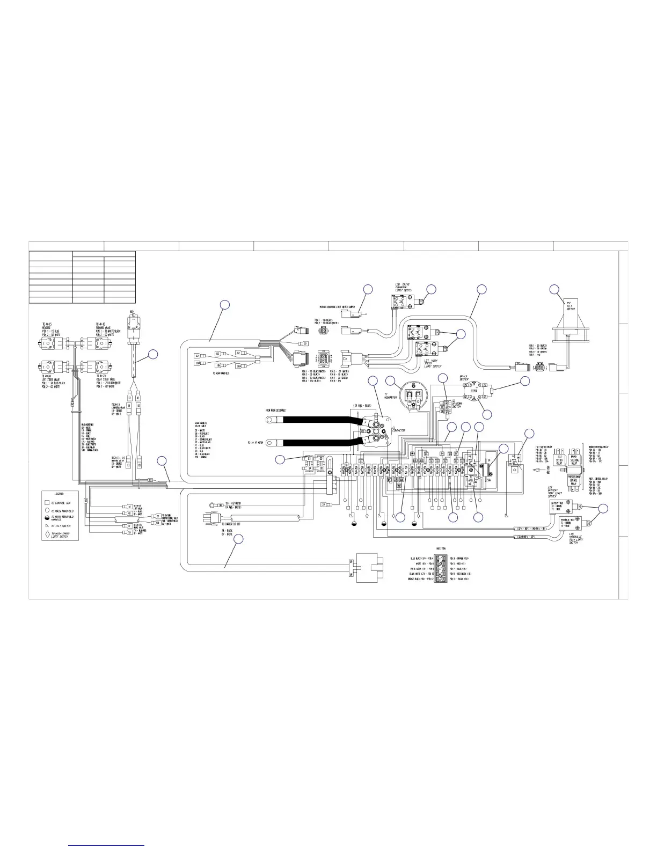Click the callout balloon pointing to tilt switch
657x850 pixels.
click(x=554, y=290)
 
